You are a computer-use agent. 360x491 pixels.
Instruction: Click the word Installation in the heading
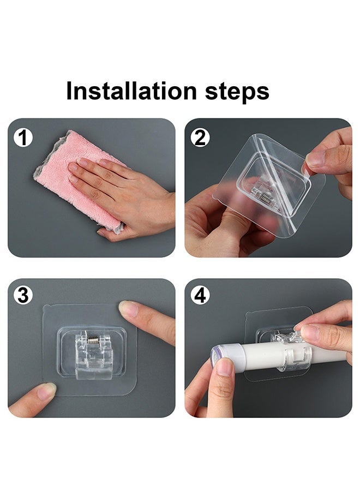131,91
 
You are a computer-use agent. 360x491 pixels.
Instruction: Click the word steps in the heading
237,92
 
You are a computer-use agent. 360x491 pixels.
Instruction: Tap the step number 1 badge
23,138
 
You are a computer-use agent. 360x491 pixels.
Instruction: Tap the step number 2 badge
200,138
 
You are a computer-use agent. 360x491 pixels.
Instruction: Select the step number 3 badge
23,295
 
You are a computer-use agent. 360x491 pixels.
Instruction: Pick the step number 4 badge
200,295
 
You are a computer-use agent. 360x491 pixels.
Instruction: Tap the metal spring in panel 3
93,339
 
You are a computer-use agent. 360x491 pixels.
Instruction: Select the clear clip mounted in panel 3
91,355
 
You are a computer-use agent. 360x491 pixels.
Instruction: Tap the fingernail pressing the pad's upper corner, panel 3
128,308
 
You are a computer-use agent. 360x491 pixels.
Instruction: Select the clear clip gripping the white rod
293,352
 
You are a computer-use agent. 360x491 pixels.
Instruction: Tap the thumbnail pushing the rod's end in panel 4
225,367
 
